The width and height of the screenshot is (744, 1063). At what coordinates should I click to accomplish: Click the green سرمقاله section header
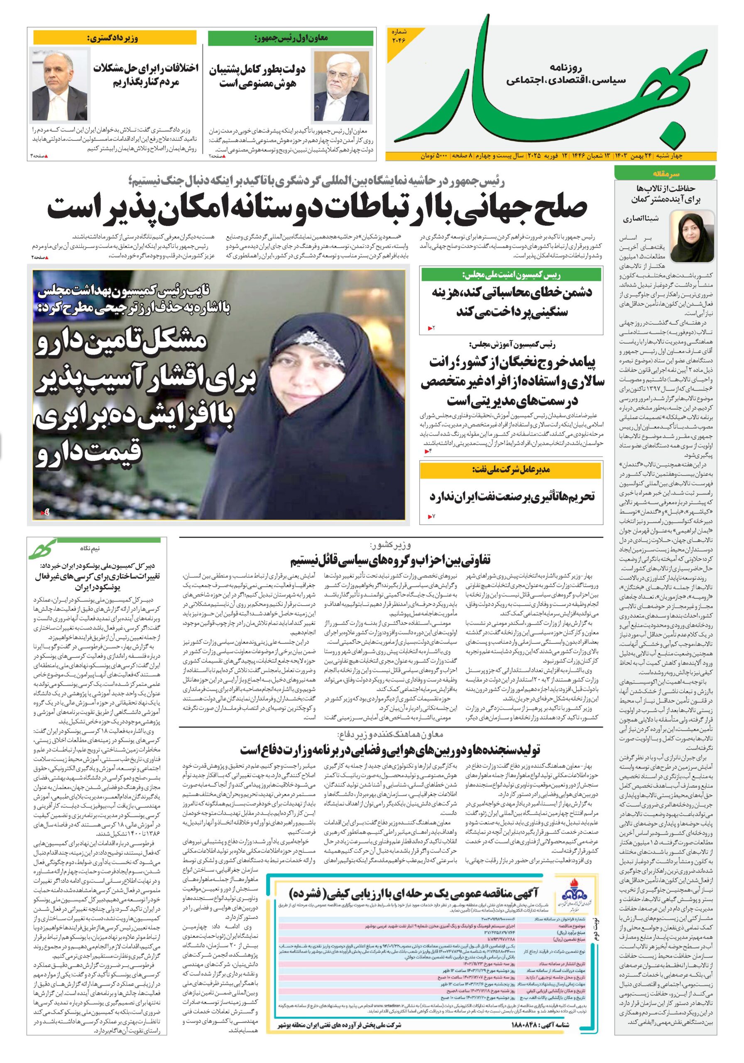point(665,174)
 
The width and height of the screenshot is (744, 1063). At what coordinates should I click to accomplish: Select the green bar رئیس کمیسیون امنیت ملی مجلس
point(511,275)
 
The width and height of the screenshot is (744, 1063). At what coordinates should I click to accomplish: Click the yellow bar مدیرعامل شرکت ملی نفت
point(511,470)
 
